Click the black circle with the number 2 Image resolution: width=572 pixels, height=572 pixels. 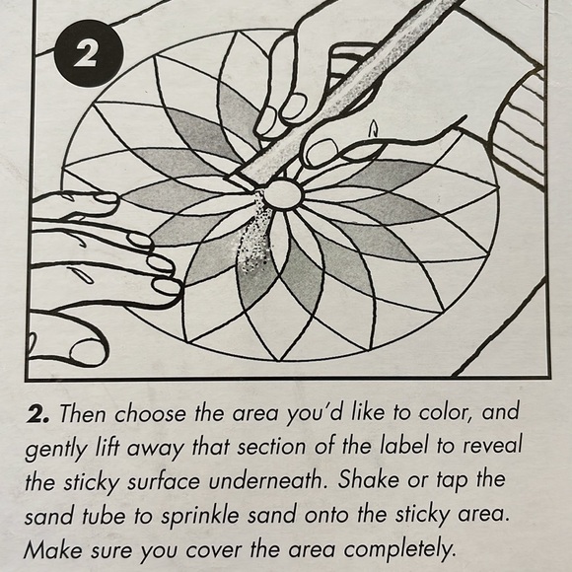point(87,53)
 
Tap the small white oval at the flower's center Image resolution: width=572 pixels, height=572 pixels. point(283,193)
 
